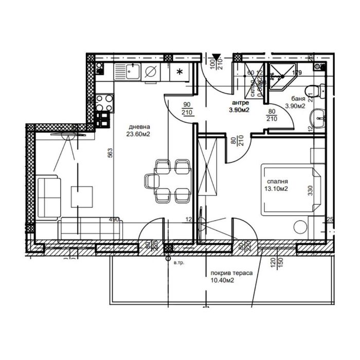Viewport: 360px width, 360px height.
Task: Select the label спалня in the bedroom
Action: point(277,182)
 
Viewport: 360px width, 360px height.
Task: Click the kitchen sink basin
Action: point(129,73)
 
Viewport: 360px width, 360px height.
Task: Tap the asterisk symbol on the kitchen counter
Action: point(179,72)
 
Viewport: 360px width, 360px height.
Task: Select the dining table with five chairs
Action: point(168,180)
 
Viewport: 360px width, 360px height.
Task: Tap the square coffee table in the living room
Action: point(82,195)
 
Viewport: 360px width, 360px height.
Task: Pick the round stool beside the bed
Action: point(299,227)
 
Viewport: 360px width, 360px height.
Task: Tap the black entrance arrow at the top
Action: point(216,57)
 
